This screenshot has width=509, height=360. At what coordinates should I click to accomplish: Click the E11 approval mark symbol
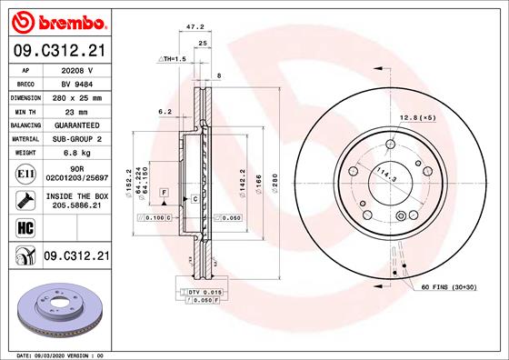pos(25,173)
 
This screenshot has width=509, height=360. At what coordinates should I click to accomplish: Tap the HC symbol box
pos(25,228)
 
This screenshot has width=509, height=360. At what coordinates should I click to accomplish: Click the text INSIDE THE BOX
pos(77,196)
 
